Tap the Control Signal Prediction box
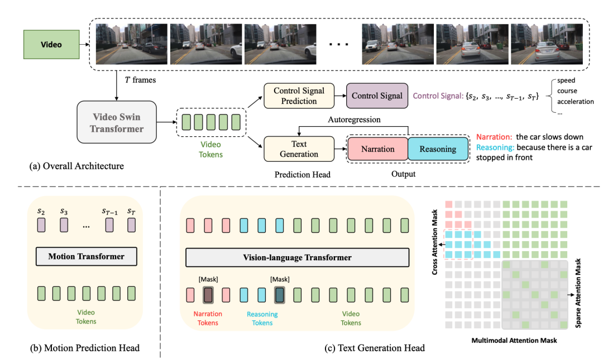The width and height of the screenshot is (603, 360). tap(299, 96)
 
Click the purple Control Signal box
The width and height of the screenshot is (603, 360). tap(377, 96)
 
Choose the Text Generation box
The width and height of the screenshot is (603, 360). tap(299, 150)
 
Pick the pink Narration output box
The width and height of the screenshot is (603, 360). tap(378, 150)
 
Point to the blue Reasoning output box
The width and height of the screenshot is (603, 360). tap(438, 150)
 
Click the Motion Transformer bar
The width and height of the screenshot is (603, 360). tap(86, 257)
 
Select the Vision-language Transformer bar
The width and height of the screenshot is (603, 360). tap(296, 257)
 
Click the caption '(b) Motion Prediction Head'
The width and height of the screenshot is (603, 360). tap(84, 348)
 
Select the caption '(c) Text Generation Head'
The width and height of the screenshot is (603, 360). tap(374, 348)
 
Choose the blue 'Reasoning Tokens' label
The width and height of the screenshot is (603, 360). tap(262, 318)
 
